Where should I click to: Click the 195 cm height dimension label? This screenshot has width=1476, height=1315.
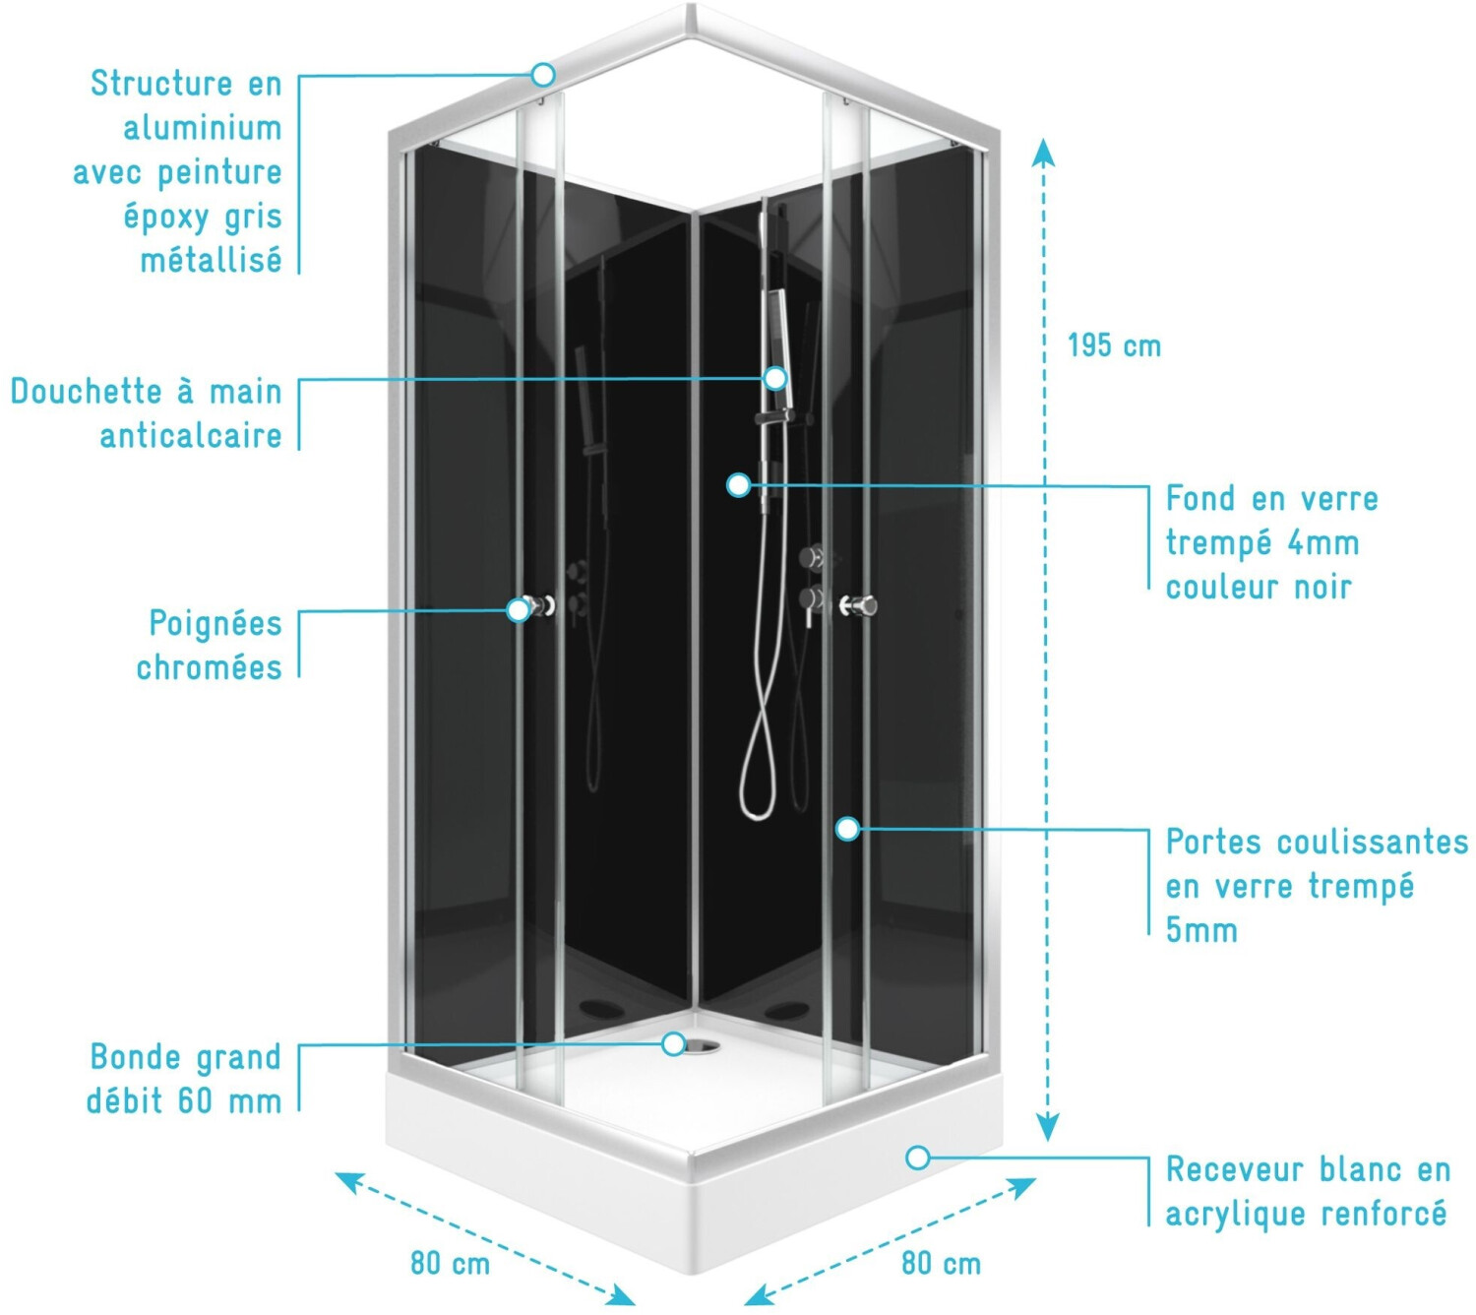pos(1114,345)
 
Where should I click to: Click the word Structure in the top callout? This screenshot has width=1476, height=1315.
pos(161,83)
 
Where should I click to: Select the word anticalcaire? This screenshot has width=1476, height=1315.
pos(190,436)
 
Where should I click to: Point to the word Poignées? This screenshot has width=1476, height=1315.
pos(215,624)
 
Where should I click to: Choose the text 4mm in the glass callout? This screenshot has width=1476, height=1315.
pos(1323,543)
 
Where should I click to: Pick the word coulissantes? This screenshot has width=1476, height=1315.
pos(1374,842)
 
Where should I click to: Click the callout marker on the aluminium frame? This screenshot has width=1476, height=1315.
pos(543,75)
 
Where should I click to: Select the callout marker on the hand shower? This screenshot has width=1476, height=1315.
pos(775,378)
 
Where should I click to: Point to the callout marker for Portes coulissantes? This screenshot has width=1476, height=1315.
pos(847,828)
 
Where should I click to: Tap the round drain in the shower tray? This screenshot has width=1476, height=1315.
pos(701,1046)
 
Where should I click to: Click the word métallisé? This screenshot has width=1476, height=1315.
pos(212,260)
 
